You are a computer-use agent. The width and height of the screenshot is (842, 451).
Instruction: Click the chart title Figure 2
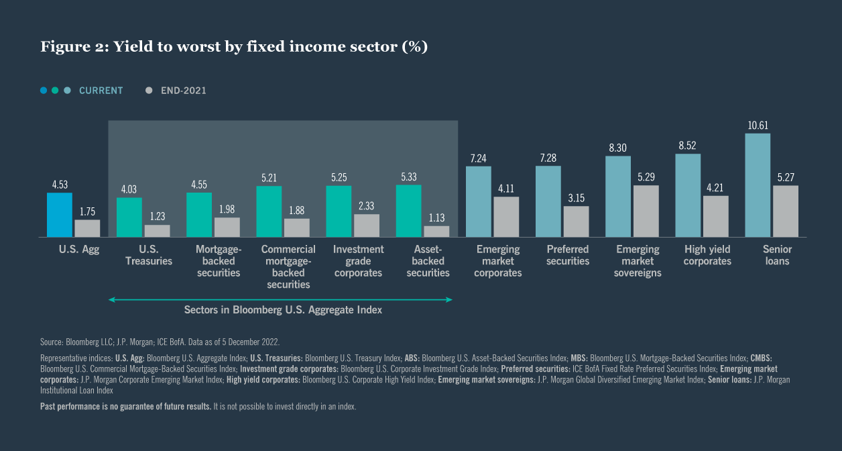234,46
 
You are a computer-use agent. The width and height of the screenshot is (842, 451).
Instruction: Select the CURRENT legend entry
101,91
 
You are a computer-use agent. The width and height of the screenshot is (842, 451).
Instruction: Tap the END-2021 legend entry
183,91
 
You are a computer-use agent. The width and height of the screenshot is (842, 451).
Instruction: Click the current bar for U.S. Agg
59,215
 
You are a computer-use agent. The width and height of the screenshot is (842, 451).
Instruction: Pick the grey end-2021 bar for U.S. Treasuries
157,231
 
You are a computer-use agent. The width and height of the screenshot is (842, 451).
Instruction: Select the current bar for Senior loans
758,185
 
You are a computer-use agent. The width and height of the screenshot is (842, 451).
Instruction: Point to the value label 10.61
758,126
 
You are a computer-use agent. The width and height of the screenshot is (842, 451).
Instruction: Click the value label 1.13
436,218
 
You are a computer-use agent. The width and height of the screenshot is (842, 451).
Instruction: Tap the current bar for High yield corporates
688,195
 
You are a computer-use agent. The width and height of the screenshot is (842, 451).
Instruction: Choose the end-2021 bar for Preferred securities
576,221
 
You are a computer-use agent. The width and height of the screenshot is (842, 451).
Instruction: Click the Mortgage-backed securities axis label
219,261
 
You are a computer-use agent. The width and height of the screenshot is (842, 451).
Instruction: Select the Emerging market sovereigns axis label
638,261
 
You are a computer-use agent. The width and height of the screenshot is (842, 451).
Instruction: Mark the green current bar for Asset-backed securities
408,211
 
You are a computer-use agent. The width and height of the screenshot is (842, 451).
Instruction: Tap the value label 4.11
506,189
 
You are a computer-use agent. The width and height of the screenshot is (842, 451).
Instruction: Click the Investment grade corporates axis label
358,261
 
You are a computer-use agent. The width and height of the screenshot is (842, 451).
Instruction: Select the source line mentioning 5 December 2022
160,342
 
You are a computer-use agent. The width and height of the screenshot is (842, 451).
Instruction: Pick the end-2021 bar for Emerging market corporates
506,217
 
